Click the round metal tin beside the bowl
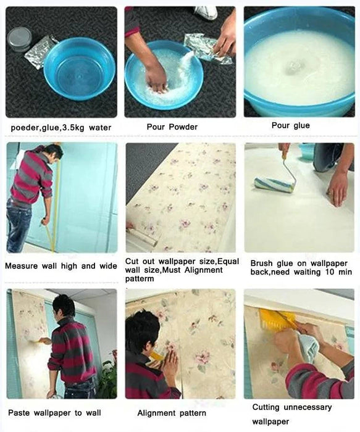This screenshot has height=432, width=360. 20,39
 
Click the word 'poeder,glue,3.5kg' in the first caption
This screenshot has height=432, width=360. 48,128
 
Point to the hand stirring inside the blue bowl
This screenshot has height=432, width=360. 156,78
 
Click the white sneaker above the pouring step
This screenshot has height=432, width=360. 206,13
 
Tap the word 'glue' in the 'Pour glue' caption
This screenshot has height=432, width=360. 301,126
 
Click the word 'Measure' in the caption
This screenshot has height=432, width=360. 22,266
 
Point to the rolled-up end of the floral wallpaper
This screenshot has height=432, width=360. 142,237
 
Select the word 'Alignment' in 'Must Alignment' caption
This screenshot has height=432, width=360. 203,270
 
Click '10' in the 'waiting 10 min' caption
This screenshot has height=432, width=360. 329,272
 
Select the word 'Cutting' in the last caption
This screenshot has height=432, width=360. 266,407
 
